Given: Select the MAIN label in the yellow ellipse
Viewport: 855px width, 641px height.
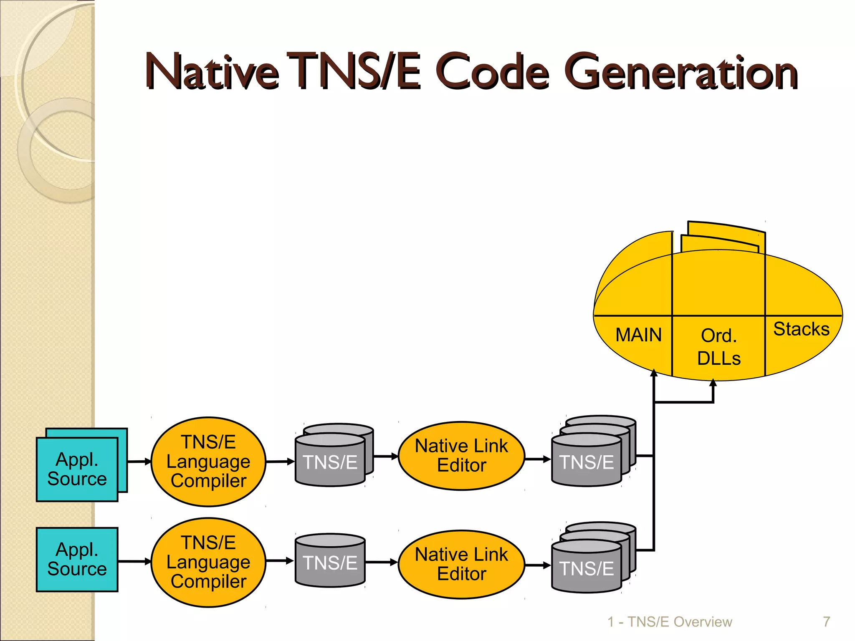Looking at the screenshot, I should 638,335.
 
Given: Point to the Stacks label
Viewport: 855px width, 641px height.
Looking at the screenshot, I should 801,329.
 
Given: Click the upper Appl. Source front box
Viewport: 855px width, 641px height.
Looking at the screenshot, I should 77,469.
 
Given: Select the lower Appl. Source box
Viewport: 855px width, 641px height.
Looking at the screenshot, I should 77,559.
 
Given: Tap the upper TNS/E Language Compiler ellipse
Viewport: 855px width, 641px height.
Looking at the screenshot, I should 208,462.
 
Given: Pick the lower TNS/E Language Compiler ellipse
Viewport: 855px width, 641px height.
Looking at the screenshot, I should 208,562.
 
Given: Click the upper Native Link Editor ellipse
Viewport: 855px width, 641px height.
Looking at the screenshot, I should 461,456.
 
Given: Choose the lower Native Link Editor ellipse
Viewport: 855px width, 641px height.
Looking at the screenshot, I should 461,564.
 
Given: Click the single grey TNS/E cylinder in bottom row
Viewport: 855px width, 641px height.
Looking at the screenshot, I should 330,563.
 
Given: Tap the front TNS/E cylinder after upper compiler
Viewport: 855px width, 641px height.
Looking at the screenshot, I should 330,462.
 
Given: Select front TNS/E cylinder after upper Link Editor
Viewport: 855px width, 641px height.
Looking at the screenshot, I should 586,462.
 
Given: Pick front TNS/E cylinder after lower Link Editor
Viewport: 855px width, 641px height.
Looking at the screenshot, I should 586,568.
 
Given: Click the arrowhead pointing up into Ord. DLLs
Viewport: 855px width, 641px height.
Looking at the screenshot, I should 713,383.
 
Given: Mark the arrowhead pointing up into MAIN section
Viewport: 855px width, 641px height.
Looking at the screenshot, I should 654,373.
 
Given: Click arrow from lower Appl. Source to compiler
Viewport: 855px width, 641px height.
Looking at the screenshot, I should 134,561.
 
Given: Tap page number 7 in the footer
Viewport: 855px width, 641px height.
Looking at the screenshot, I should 826,622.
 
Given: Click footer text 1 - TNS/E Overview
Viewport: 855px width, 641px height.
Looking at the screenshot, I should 670,622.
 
